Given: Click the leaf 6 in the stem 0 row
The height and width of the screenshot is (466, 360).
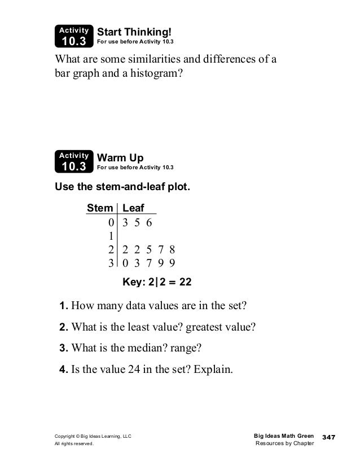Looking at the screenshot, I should click(x=149, y=222).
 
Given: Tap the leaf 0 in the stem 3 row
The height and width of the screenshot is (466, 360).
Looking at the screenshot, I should click(x=125, y=263).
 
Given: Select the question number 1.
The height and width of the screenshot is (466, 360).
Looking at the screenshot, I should click(x=64, y=306).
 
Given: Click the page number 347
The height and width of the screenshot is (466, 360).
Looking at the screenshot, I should click(x=329, y=438).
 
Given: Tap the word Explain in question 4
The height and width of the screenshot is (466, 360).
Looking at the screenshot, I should click(x=213, y=371).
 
